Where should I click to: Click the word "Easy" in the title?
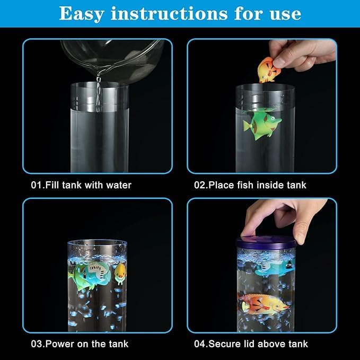pos(82,14)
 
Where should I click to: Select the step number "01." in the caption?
pos(38,185)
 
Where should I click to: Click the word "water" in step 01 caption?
pos(119,185)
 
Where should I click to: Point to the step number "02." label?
pos(201,185)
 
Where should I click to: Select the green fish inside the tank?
pos(262,125)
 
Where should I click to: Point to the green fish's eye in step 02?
pos(273,119)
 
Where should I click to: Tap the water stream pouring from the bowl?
pos(99,92)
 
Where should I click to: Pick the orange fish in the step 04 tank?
pos(264,304)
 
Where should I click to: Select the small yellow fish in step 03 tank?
pos(120,273)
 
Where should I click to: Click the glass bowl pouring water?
pos(112,60)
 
